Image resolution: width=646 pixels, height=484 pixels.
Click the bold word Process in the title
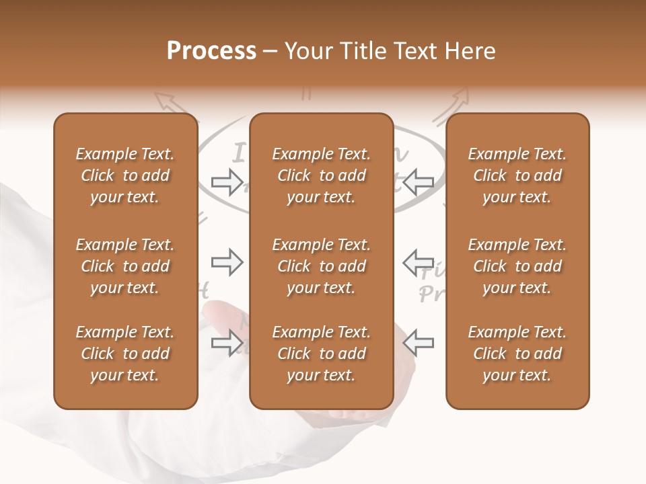(211, 51)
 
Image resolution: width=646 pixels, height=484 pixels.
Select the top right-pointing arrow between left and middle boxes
(227, 182)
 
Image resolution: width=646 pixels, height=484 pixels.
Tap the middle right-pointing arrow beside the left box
(227, 262)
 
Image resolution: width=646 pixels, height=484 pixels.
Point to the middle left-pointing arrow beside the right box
(419, 262)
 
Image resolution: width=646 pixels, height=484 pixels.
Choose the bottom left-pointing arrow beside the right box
(419, 343)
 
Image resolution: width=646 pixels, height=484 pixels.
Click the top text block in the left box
(125, 175)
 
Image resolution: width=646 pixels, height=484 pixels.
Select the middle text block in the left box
(125, 266)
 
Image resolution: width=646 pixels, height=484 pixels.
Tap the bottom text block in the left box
(125, 354)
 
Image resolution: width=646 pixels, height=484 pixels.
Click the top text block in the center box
(321, 175)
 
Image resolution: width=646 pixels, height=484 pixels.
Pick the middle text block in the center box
(321, 266)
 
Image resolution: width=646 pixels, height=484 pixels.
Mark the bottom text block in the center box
(321, 354)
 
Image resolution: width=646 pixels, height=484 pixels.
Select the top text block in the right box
(517, 175)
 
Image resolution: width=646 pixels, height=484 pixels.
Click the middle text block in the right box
(517, 266)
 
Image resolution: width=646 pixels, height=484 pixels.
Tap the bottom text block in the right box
(517, 354)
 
